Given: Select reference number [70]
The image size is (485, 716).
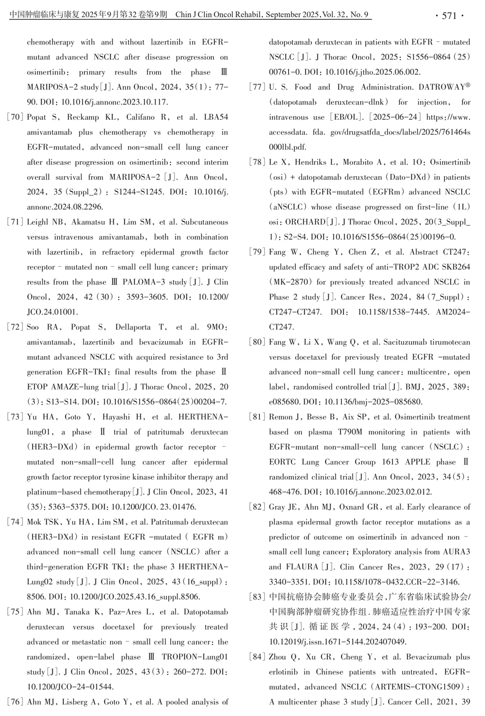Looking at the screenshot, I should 15,117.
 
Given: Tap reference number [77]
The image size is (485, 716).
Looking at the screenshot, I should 257,87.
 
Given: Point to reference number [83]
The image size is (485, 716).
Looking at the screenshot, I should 257,597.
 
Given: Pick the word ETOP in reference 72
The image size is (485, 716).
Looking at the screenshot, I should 38,387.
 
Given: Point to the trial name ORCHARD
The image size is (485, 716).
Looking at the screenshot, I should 306,222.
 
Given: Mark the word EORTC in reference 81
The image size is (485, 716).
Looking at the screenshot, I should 282,462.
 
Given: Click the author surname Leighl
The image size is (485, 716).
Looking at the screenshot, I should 38,222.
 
